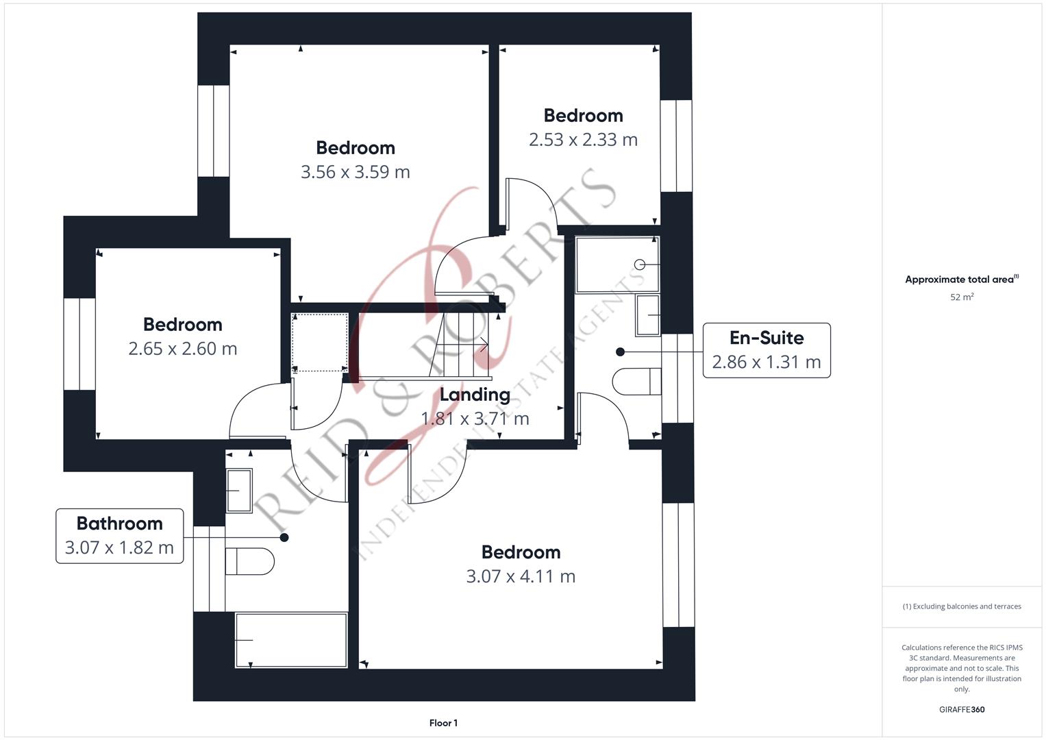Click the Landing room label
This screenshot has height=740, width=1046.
[475, 395]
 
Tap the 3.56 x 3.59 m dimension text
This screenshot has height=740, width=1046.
[356, 172]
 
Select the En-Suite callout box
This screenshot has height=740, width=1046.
[767, 350]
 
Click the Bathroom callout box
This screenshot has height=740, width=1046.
[120, 536]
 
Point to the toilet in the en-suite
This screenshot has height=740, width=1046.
[636, 381]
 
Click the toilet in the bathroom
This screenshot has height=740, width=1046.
[249, 561]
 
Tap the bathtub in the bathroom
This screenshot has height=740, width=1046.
[291, 640]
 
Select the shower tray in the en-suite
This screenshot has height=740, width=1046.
[617, 265]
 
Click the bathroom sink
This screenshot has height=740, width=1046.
[239, 491]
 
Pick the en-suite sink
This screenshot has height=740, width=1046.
[648, 315]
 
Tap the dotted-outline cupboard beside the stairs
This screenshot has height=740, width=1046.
[320, 343]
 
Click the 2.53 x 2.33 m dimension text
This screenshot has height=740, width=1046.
[583, 140]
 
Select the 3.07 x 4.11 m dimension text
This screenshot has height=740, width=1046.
[521, 576]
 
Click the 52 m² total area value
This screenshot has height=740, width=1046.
[962, 297]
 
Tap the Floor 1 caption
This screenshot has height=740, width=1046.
[443, 723]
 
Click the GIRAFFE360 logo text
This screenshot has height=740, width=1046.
[962, 710]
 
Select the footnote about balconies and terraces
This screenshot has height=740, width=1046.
[962, 606]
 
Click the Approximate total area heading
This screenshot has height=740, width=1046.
[962, 280]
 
